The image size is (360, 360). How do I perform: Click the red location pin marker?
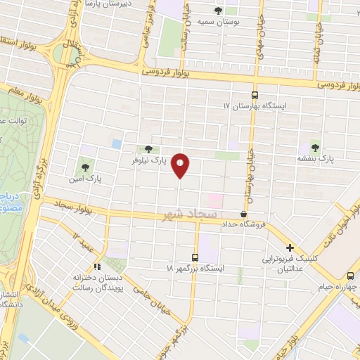point(181,165)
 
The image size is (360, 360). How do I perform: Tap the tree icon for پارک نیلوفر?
point(148,149)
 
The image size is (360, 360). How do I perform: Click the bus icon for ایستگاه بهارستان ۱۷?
point(255,96)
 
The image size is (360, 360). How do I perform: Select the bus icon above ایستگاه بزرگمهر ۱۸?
point(196,257)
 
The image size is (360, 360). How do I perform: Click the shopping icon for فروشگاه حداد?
point(244,214)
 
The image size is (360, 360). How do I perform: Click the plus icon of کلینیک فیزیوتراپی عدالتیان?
point(290,247)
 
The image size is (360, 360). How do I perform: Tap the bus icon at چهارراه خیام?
point(350,276)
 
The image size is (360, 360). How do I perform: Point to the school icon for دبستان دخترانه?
point(97,266)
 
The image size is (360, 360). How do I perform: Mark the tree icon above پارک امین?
point(85,167)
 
